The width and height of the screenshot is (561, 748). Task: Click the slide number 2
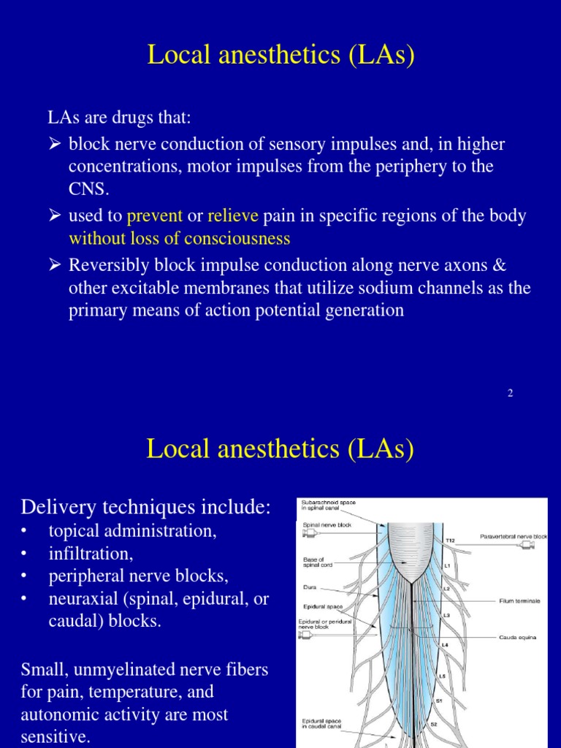click(x=511, y=393)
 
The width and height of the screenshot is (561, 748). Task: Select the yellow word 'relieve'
click(x=233, y=217)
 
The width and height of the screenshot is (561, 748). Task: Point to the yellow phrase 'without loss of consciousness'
click(x=179, y=239)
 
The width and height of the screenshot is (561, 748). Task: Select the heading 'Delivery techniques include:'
click(x=146, y=507)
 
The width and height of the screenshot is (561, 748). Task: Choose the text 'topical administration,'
click(x=132, y=531)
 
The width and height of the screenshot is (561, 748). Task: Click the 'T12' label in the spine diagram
click(x=450, y=541)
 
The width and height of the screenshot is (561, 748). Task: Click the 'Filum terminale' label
click(x=519, y=600)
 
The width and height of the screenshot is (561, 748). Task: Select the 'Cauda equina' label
click(x=517, y=637)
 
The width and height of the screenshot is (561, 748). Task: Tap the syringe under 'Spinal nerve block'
click(x=310, y=533)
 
